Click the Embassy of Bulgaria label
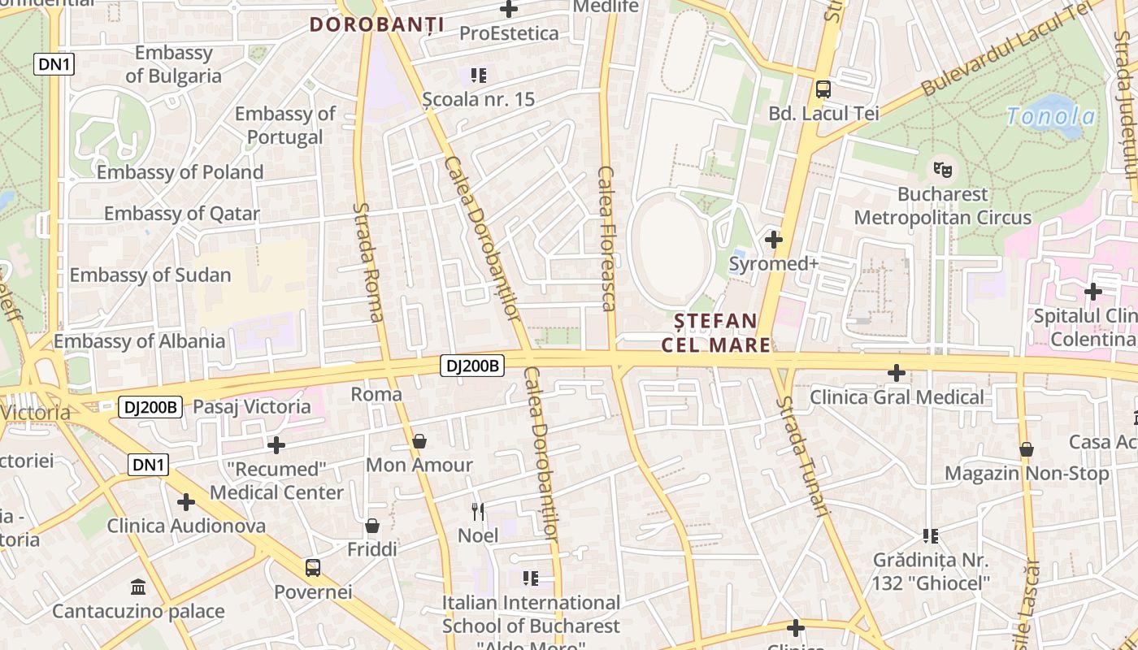tap(173, 64)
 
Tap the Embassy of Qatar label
tap(182, 214)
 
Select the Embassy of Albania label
tap(140, 340)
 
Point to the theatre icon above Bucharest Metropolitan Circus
tap(942, 170)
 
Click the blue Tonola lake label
tap(1050, 116)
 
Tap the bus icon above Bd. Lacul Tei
tap(823, 89)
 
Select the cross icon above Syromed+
tap(774, 240)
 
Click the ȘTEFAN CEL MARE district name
tap(715, 333)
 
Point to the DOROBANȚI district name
tap(376, 25)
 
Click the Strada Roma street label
tap(367, 262)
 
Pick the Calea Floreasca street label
tap(606, 238)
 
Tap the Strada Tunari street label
tap(802, 456)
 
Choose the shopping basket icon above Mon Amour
tap(419, 441)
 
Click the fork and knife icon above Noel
tap(478, 511)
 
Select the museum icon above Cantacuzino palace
tap(138, 587)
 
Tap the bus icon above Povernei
tap(313, 567)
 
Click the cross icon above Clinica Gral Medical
tap(897, 373)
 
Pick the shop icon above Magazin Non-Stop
tap(1027, 448)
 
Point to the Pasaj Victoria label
tap(252, 406)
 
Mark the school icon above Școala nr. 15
tap(479, 76)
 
